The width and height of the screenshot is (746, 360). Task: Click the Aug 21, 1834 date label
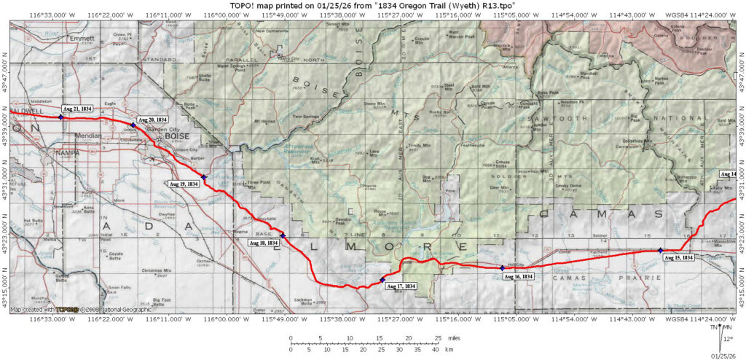click(x=76, y=108)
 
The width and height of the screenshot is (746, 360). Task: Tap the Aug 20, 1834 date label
click(x=152, y=120)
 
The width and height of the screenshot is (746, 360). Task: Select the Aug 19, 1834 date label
click(x=184, y=184)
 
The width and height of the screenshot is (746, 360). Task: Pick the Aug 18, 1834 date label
click(x=262, y=243)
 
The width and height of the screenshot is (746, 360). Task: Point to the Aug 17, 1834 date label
click(x=401, y=286)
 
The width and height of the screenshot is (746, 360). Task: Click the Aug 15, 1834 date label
click(x=678, y=258)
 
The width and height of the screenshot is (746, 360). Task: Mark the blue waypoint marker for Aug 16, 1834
click(x=503, y=268)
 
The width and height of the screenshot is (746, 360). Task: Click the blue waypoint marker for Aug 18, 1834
click(x=283, y=235)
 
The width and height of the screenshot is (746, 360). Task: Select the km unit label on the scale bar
click(x=449, y=351)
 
